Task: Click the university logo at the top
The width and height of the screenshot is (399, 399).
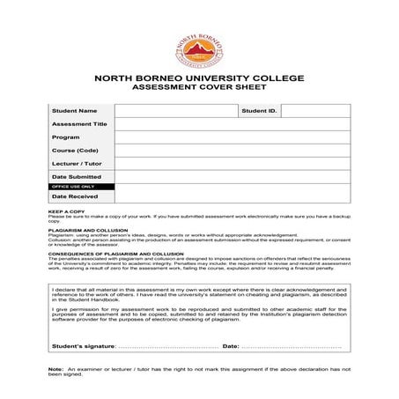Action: (x=199, y=43)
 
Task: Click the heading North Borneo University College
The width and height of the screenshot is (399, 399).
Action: (x=199, y=79)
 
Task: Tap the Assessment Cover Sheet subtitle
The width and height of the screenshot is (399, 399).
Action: (x=199, y=89)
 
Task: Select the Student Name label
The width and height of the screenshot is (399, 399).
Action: (x=74, y=111)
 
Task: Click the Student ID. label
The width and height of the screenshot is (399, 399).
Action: (x=260, y=111)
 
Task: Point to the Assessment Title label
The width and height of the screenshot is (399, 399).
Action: (x=79, y=124)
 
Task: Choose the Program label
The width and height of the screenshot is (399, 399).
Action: (x=66, y=137)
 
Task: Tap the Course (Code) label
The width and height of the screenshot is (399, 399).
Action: (x=75, y=151)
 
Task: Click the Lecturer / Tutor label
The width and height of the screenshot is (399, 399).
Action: (x=78, y=164)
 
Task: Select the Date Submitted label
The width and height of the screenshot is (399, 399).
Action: (x=78, y=177)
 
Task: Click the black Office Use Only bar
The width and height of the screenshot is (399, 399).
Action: (x=81, y=187)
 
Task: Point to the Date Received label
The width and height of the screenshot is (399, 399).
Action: (x=75, y=196)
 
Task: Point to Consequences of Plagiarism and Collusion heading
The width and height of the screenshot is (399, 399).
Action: (x=110, y=253)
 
